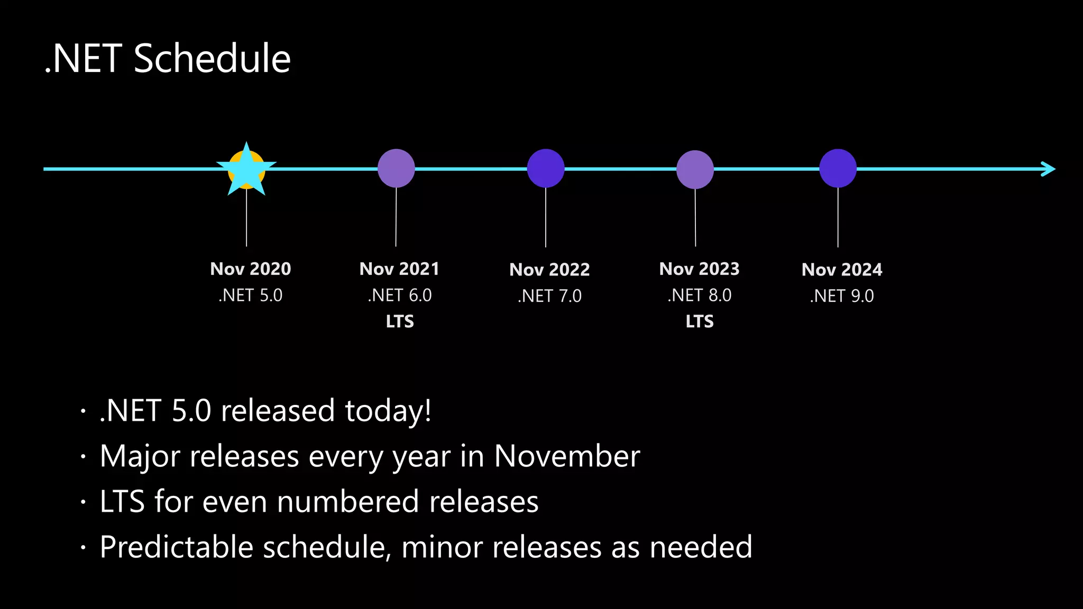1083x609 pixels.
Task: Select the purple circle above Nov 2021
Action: coord(396,169)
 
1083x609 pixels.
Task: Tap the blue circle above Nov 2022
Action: coord(546,169)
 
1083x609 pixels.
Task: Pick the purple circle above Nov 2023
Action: coord(695,170)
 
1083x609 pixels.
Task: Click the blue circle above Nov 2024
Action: coord(838,169)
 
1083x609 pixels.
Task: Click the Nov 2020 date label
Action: coord(251,269)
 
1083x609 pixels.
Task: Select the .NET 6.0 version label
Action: coord(400,296)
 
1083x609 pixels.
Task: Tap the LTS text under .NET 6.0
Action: coord(400,321)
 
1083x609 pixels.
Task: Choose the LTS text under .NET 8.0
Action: coord(700,321)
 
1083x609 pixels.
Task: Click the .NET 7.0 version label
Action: coord(549,296)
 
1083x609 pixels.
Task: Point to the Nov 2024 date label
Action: coord(842,270)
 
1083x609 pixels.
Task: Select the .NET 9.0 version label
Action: coord(842,296)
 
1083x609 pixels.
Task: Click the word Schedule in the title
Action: coord(212,59)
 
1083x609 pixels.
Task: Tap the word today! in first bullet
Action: coord(388,411)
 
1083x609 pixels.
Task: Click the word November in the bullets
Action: coord(566,456)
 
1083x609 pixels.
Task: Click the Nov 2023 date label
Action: coord(699,269)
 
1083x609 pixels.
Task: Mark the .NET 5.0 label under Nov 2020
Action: coord(251,296)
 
